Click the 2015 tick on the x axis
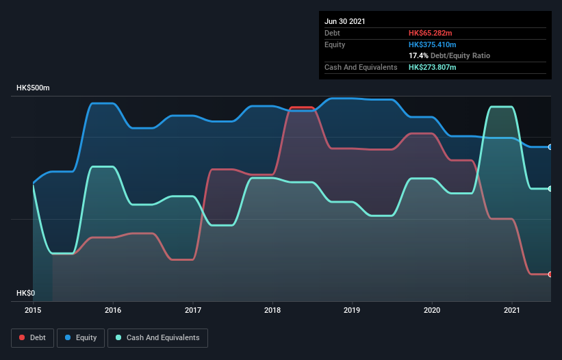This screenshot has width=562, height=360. coord(34,310)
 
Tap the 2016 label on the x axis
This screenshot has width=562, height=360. coord(113,310)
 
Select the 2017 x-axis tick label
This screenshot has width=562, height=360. coord(193,310)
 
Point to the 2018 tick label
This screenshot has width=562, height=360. coord(272,310)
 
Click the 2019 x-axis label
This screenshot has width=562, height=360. coord(353,310)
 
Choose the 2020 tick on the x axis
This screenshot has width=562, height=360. coord(432,310)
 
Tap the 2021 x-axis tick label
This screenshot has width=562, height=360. coord(512,310)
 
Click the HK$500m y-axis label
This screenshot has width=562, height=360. coord(33,88)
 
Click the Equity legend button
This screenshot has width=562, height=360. coord(81,337)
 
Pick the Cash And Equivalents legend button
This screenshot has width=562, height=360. coord(157,337)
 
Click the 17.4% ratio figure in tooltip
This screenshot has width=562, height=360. coord(419,55)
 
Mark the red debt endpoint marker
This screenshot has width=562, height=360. coord(550,274)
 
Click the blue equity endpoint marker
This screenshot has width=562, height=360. coord(550,147)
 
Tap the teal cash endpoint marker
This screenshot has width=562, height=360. coord(550,189)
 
